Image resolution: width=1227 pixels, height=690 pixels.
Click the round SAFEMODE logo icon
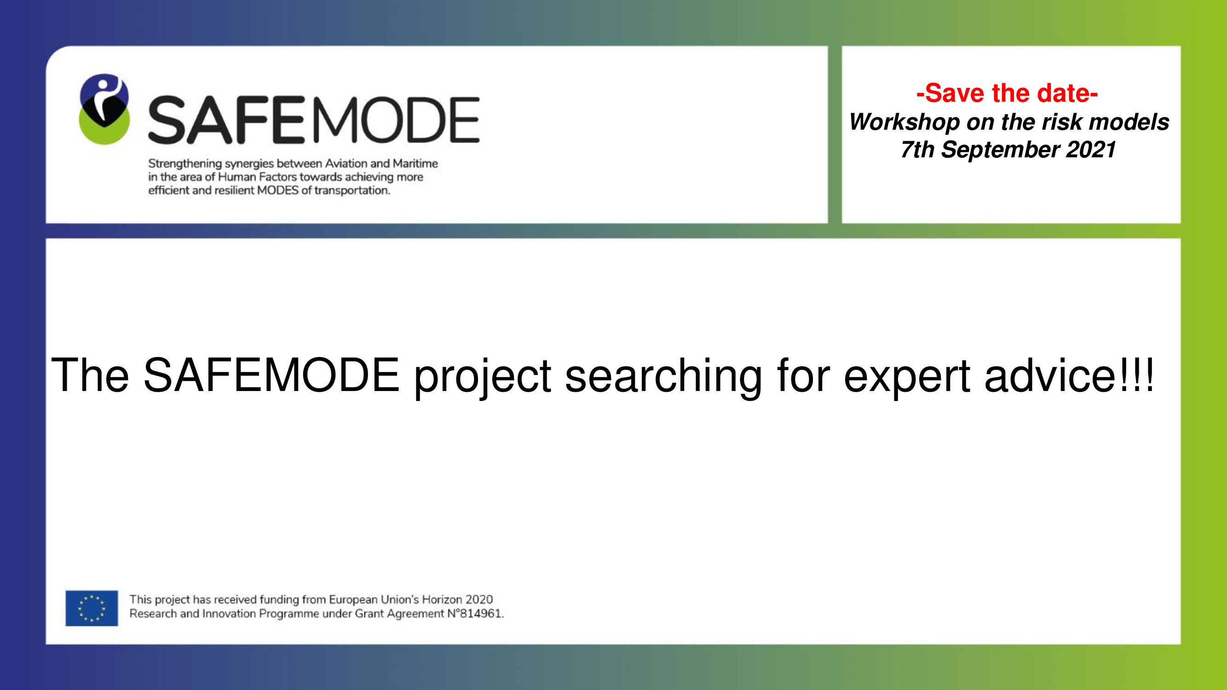point(104,109)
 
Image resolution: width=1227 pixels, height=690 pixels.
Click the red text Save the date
point(1007,93)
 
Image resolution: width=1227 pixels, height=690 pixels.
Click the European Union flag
point(92,608)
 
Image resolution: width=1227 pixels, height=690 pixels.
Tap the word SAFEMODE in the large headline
point(271,375)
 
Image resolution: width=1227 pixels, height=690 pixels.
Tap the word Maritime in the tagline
point(415,163)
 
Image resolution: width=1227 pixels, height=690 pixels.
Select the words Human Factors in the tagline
point(257,177)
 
